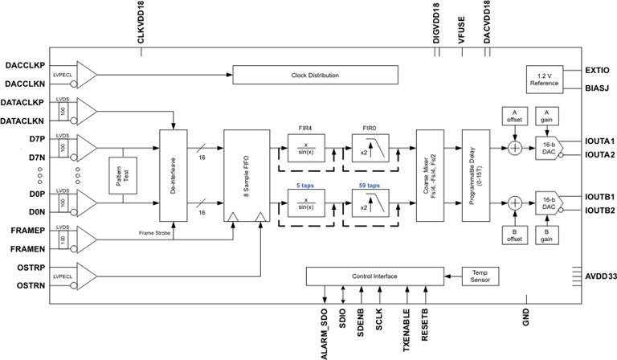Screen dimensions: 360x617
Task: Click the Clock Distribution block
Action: click(x=315, y=76)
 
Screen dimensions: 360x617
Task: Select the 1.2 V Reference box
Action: click(x=544, y=79)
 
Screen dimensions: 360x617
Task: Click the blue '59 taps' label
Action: click(x=368, y=184)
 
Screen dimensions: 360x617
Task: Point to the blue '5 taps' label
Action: click(x=305, y=184)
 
